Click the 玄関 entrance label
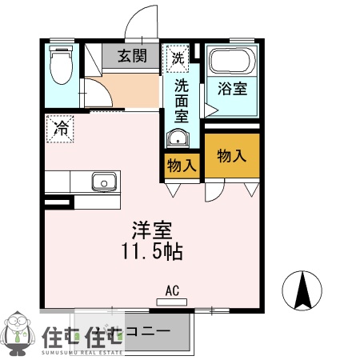(x=133, y=56)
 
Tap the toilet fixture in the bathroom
(x=60, y=66)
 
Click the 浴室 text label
(x=232, y=89)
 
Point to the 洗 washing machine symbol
(x=178, y=58)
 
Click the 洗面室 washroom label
(x=182, y=99)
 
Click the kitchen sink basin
(x=103, y=182)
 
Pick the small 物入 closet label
(x=182, y=166)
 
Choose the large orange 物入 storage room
(x=232, y=156)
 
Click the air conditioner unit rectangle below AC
(x=172, y=302)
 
